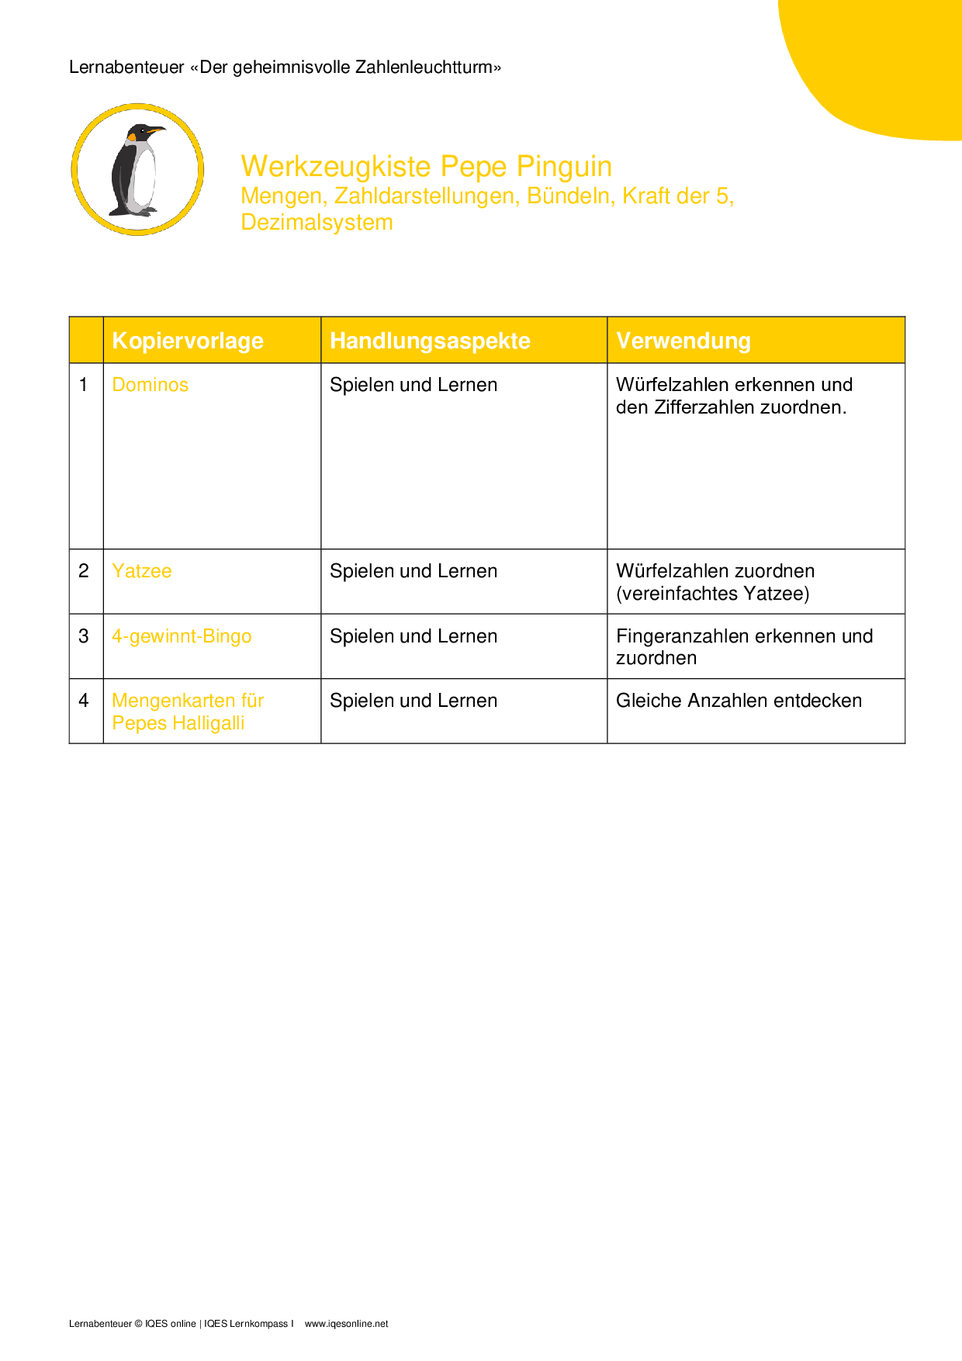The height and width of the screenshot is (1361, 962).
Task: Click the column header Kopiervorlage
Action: point(188,341)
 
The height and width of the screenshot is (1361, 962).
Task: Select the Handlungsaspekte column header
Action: point(430,341)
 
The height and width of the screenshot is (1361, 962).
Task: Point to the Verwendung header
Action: point(683,341)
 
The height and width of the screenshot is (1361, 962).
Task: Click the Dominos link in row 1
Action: point(150,385)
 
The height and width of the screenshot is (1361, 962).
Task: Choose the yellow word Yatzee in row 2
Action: point(141,571)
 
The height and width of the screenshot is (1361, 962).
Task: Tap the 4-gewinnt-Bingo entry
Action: point(182,636)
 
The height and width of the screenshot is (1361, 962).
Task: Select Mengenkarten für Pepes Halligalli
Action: point(187,712)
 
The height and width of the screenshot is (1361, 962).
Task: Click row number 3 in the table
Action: point(84,636)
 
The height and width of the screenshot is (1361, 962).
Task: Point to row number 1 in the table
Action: point(84,385)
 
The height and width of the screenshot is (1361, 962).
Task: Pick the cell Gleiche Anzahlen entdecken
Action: point(739,701)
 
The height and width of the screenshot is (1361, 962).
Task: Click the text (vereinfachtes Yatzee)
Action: point(712,594)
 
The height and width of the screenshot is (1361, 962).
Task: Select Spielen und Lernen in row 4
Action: point(413,701)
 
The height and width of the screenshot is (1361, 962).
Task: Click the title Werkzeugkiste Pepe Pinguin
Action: point(426,167)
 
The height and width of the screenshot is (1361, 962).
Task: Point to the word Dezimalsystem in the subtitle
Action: point(317,223)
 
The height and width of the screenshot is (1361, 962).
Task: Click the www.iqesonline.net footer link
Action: point(346,1324)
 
